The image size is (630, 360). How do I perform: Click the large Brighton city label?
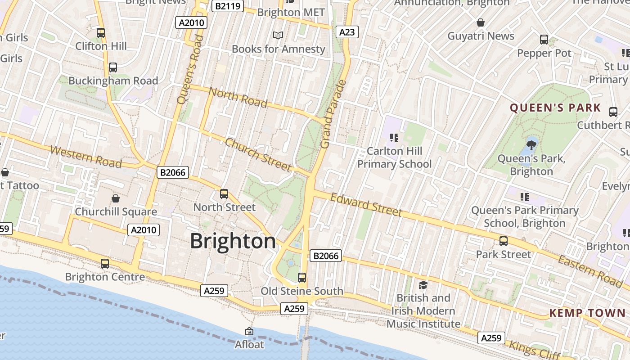(233, 241)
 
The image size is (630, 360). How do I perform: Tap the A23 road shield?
(347, 32)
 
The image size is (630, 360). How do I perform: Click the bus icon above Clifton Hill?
(101, 33)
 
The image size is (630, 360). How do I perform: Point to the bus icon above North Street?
(224, 194)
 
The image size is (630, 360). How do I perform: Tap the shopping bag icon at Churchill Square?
(116, 198)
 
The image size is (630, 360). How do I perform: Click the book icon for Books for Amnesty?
(279, 35)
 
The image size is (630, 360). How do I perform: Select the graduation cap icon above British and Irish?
(423, 285)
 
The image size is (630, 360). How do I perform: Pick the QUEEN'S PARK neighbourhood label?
(555, 108)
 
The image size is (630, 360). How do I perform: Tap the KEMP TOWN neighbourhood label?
(587, 313)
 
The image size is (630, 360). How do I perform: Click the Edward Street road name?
(366, 205)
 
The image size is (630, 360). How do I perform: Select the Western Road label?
(85, 156)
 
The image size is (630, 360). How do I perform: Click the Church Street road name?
(258, 155)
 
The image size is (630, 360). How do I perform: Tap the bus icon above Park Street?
(504, 241)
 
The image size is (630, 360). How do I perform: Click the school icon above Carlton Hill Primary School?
(394, 137)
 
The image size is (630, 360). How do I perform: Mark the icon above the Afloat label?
(249, 331)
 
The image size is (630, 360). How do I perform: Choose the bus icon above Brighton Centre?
(105, 263)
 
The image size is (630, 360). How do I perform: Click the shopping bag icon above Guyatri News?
(481, 22)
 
